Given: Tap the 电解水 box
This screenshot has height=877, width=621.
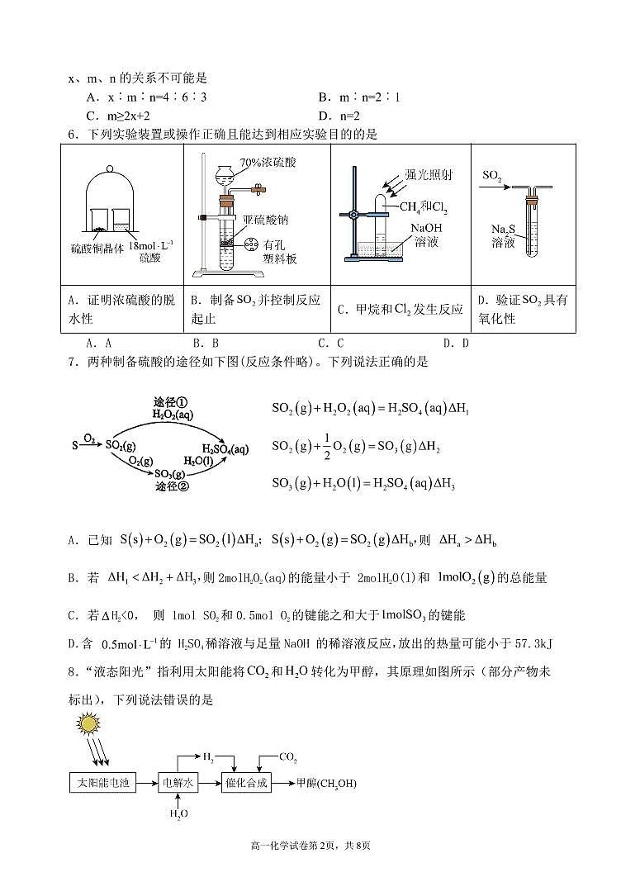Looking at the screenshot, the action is pos(179,782).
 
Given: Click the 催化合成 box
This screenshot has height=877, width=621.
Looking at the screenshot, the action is pos(246,782).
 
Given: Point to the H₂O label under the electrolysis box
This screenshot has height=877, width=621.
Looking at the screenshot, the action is pos(179,814).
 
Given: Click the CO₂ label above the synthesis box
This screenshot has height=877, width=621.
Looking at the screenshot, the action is pos(288,756).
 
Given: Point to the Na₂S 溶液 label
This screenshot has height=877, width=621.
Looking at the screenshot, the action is pos(503,235).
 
